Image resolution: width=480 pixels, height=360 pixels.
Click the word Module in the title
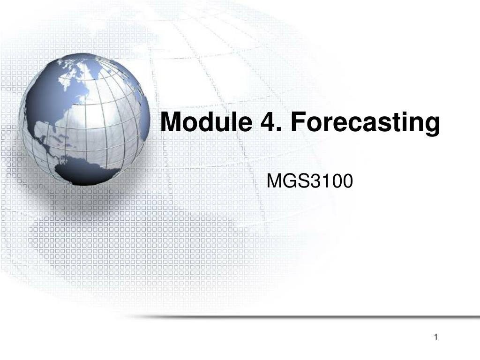(x=206, y=121)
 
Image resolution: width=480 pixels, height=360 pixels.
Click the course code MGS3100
(x=310, y=180)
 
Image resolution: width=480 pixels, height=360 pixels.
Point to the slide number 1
(x=436, y=337)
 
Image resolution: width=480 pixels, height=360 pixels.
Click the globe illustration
(x=84, y=120)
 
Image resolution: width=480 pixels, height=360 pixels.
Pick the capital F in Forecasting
(x=298, y=122)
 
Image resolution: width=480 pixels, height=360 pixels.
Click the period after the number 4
(x=279, y=129)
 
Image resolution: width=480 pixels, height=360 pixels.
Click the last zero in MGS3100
(x=348, y=181)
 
